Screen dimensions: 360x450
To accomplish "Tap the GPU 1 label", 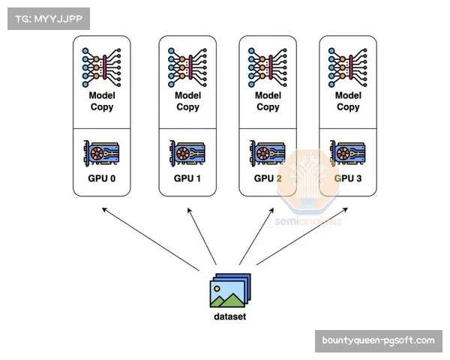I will click(187, 178).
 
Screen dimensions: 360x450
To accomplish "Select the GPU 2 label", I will click(268, 178).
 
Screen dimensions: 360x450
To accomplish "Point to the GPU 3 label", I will click(348, 178).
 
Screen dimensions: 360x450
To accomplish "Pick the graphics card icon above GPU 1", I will click(187, 153).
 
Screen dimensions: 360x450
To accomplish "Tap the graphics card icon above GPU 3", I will click(348, 153).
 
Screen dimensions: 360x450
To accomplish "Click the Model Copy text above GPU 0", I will click(102, 101).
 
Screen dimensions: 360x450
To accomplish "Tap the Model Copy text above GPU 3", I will click(348, 101).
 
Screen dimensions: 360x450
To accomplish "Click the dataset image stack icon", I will click(229, 291).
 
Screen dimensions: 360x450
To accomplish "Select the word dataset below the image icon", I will click(229, 316).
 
